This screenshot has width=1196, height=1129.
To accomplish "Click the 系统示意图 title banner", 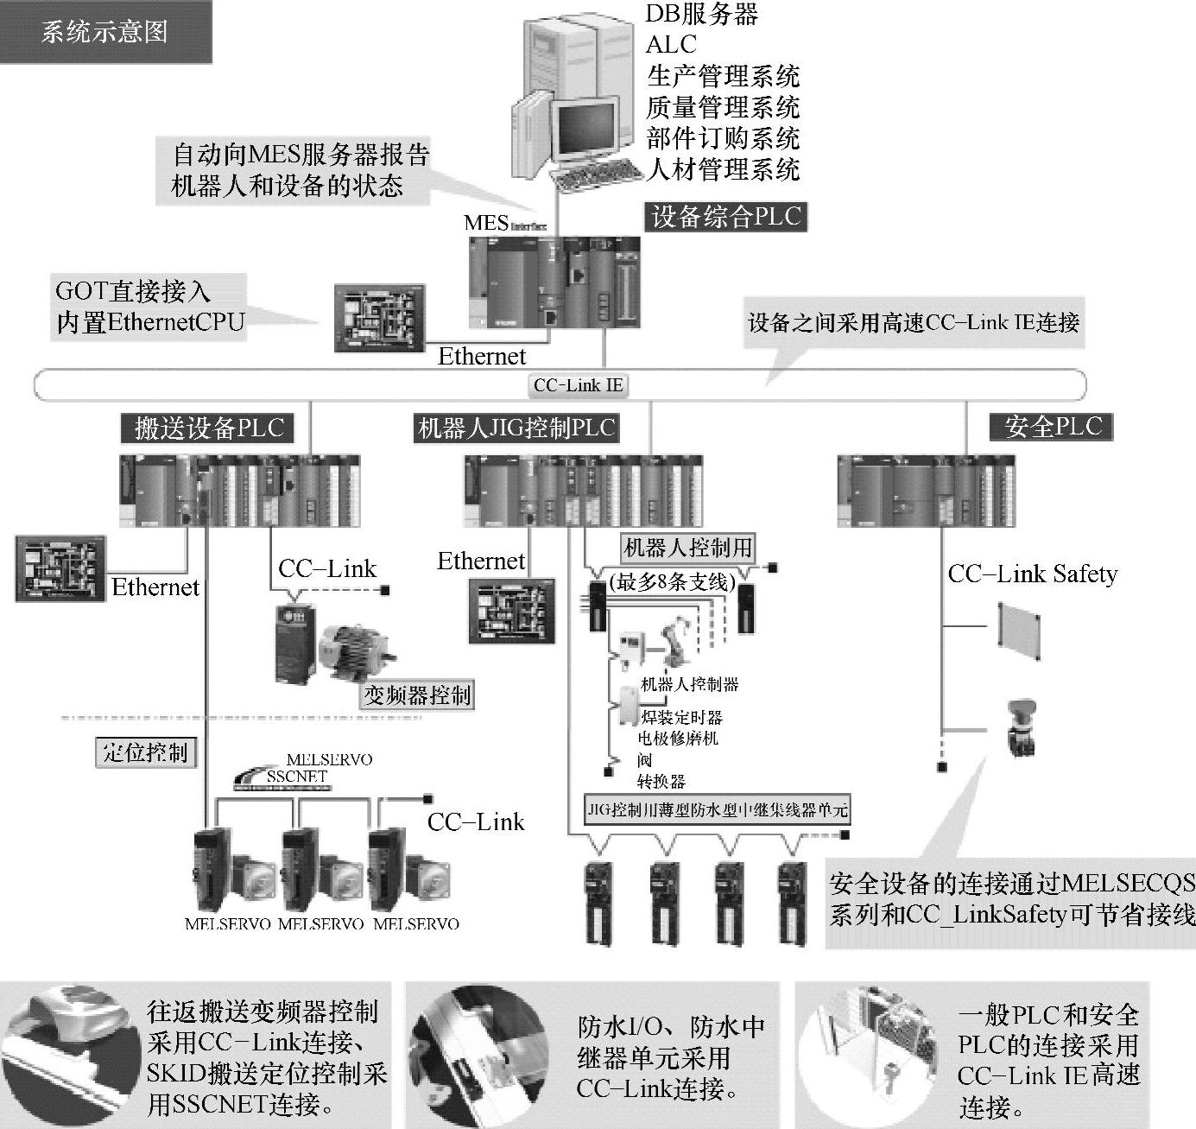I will (x=105, y=33).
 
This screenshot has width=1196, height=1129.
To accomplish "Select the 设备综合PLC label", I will (x=725, y=216).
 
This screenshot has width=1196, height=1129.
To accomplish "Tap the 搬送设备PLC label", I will (x=208, y=428).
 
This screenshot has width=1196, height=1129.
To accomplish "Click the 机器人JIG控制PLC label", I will (x=516, y=428).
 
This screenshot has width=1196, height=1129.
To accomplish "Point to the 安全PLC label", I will (x=1053, y=426).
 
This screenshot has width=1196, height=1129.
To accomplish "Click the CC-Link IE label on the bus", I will (x=578, y=385).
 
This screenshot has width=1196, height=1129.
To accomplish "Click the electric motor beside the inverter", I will (x=356, y=650).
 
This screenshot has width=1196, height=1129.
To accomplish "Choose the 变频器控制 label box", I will (x=417, y=695).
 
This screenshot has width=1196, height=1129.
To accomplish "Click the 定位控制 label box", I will (x=145, y=752).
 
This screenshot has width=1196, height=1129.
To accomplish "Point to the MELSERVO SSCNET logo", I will (x=302, y=771).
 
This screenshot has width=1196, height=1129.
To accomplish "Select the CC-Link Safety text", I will (x=1032, y=574).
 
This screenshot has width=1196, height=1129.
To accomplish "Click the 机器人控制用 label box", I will (x=688, y=548).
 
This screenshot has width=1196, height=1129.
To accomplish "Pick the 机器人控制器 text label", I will (x=689, y=684).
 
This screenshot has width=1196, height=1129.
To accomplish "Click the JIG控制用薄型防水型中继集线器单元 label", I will (x=717, y=810).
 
